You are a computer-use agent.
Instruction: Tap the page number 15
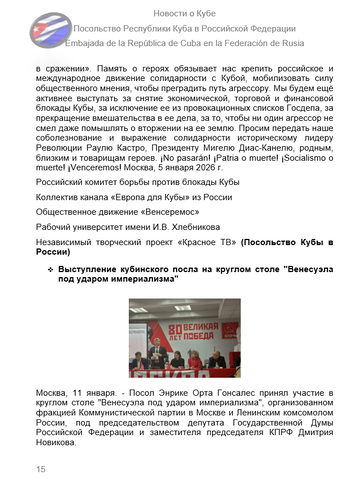41,468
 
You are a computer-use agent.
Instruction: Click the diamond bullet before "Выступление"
50,271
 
